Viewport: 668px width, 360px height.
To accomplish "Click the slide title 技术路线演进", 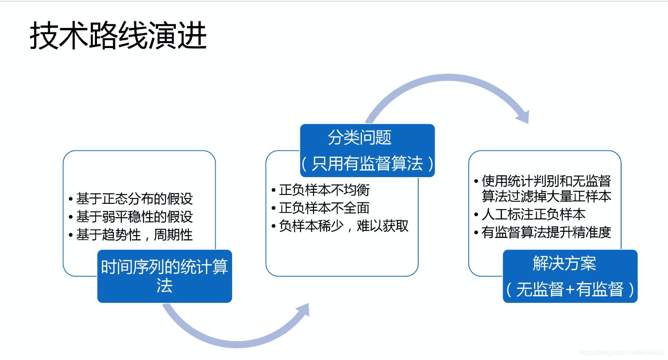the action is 118,36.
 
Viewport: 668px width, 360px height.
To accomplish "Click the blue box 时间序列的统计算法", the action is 164,276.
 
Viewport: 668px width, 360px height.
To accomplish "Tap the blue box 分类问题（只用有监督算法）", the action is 367,150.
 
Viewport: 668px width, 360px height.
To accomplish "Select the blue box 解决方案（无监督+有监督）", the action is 570,276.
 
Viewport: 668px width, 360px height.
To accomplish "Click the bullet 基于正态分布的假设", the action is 134,199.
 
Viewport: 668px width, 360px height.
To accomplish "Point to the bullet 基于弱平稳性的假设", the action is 134,217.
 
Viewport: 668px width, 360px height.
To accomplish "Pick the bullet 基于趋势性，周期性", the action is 134,235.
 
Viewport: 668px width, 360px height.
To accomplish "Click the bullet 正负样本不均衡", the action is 324,190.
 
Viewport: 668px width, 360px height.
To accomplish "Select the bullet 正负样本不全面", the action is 324,208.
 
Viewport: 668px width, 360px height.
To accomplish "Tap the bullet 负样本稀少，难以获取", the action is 343,226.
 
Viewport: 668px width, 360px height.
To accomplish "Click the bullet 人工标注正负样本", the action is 533,214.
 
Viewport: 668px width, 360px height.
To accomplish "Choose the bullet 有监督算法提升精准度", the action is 546,232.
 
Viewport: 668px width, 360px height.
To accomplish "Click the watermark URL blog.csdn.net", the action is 621,353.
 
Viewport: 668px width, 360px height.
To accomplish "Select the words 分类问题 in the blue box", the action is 359,137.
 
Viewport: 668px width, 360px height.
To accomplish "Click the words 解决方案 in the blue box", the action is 564,263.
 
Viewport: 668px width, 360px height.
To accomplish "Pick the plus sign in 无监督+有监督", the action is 569,290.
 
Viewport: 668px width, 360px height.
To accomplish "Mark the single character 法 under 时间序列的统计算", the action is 164,286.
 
